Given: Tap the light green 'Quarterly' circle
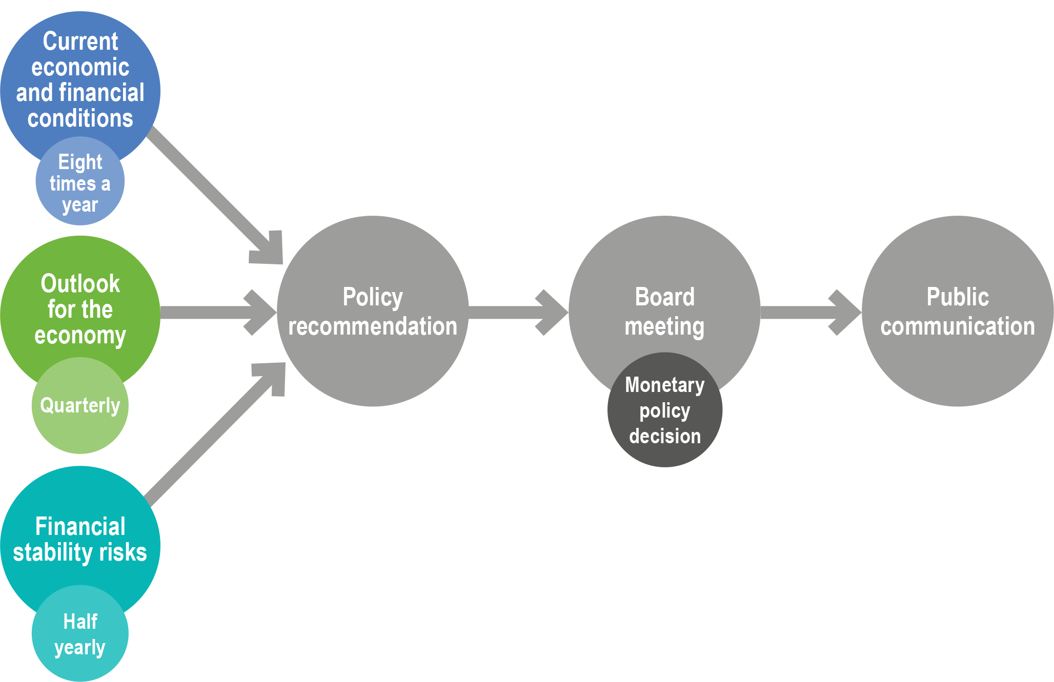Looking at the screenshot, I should pos(80,405).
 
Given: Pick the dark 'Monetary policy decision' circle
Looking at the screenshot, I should pos(665,410).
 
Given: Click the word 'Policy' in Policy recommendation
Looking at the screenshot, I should pos(373,297).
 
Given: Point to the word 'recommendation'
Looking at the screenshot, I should pos(373,326).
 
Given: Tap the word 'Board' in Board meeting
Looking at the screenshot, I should pos(665,297).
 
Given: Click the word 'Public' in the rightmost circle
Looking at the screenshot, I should pos(958,297).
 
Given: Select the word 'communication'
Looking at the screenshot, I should pos(958,326).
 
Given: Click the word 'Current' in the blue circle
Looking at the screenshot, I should pos(80,42).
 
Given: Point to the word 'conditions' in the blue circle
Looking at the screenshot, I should pos(80,119).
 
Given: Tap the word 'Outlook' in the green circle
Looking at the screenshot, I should pos(80,284).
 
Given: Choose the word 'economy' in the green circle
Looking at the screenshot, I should pos(80,336).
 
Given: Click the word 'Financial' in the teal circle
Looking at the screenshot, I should pos(80,527).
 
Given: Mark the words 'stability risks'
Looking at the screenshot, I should pos(80,553).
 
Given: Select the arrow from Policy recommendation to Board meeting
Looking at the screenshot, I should pos(518,313).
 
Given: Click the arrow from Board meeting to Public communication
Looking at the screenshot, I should pos(810,313).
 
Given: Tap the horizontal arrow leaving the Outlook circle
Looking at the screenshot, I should pos(215,313).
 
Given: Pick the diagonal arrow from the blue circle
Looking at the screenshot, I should pos(215,195).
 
